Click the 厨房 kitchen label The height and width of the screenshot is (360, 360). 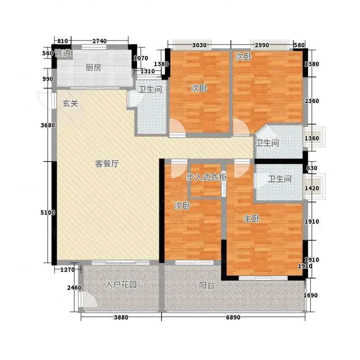click(x=93, y=68)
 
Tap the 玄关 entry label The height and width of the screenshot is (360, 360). click(x=70, y=103)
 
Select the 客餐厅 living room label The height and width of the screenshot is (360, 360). click(x=107, y=164)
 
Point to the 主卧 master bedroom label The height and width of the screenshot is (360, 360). click(x=252, y=219)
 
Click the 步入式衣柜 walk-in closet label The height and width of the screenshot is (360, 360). click(x=206, y=177)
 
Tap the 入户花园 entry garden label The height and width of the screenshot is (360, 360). click(x=121, y=284)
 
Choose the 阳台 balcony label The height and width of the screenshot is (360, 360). click(x=207, y=285)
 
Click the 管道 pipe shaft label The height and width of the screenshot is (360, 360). click(x=63, y=53)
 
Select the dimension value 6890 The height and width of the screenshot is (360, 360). click(x=233, y=318)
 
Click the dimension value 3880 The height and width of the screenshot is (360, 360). click(x=121, y=318)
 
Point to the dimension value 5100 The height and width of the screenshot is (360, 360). click(x=48, y=212)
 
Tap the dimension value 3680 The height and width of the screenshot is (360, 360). click(x=48, y=126)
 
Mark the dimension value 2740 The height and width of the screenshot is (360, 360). click(x=99, y=41)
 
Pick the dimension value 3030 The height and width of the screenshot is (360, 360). click(x=199, y=45)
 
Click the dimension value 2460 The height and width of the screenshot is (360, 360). click(x=74, y=288)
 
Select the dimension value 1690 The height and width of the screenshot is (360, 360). click(x=310, y=295)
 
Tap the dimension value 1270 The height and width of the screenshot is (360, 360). click(x=67, y=270)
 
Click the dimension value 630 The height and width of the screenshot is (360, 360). click(x=312, y=168)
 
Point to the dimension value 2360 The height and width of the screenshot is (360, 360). click(x=312, y=101)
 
